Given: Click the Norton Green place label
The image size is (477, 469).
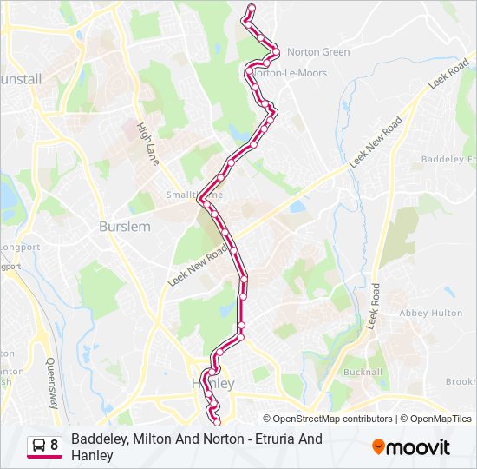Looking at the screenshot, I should [317, 52].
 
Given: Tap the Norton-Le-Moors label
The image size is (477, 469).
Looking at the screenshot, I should [290, 74].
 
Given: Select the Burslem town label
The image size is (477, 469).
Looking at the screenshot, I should [125, 227].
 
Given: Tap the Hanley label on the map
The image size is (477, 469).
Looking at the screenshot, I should [212, 383].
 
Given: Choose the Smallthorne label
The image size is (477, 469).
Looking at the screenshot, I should [194, 195].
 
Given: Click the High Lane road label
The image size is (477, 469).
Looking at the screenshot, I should [147, 142].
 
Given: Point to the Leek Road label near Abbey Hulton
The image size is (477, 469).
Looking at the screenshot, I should [375, 306].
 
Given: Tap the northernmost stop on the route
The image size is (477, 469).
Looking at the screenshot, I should [252, 8].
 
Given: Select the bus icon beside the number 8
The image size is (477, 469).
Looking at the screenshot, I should [39, 446].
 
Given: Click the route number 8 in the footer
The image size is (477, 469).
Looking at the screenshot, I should [55, 446].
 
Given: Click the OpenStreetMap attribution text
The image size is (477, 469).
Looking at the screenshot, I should [330, 419].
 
